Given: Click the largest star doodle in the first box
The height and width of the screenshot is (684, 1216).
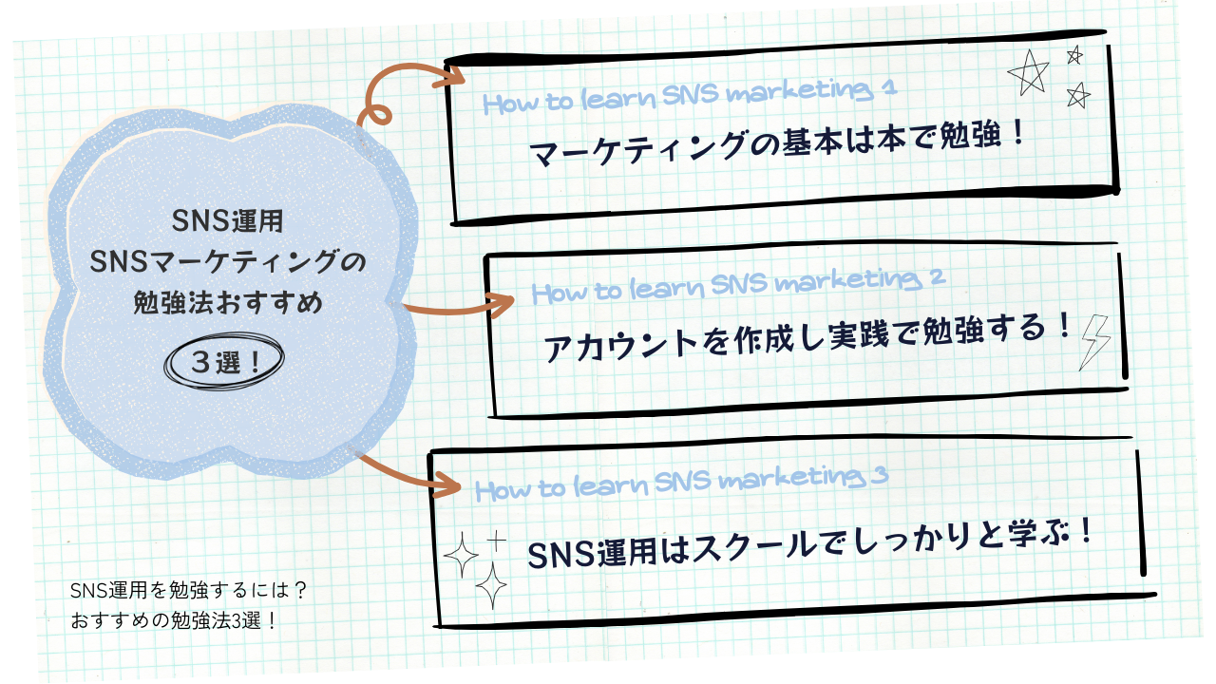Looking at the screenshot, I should tap(1029, 73).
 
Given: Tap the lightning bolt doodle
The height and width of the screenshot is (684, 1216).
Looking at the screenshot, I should tap(1094, 341).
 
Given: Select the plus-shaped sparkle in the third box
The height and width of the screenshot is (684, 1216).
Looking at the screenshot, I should tap(496, 542).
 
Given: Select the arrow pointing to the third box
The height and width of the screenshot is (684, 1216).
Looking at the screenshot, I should tap(408, 476).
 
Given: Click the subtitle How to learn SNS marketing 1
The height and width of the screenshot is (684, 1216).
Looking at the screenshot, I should tap(690, 96).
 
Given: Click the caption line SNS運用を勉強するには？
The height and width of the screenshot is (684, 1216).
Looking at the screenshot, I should tap(188, 590).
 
